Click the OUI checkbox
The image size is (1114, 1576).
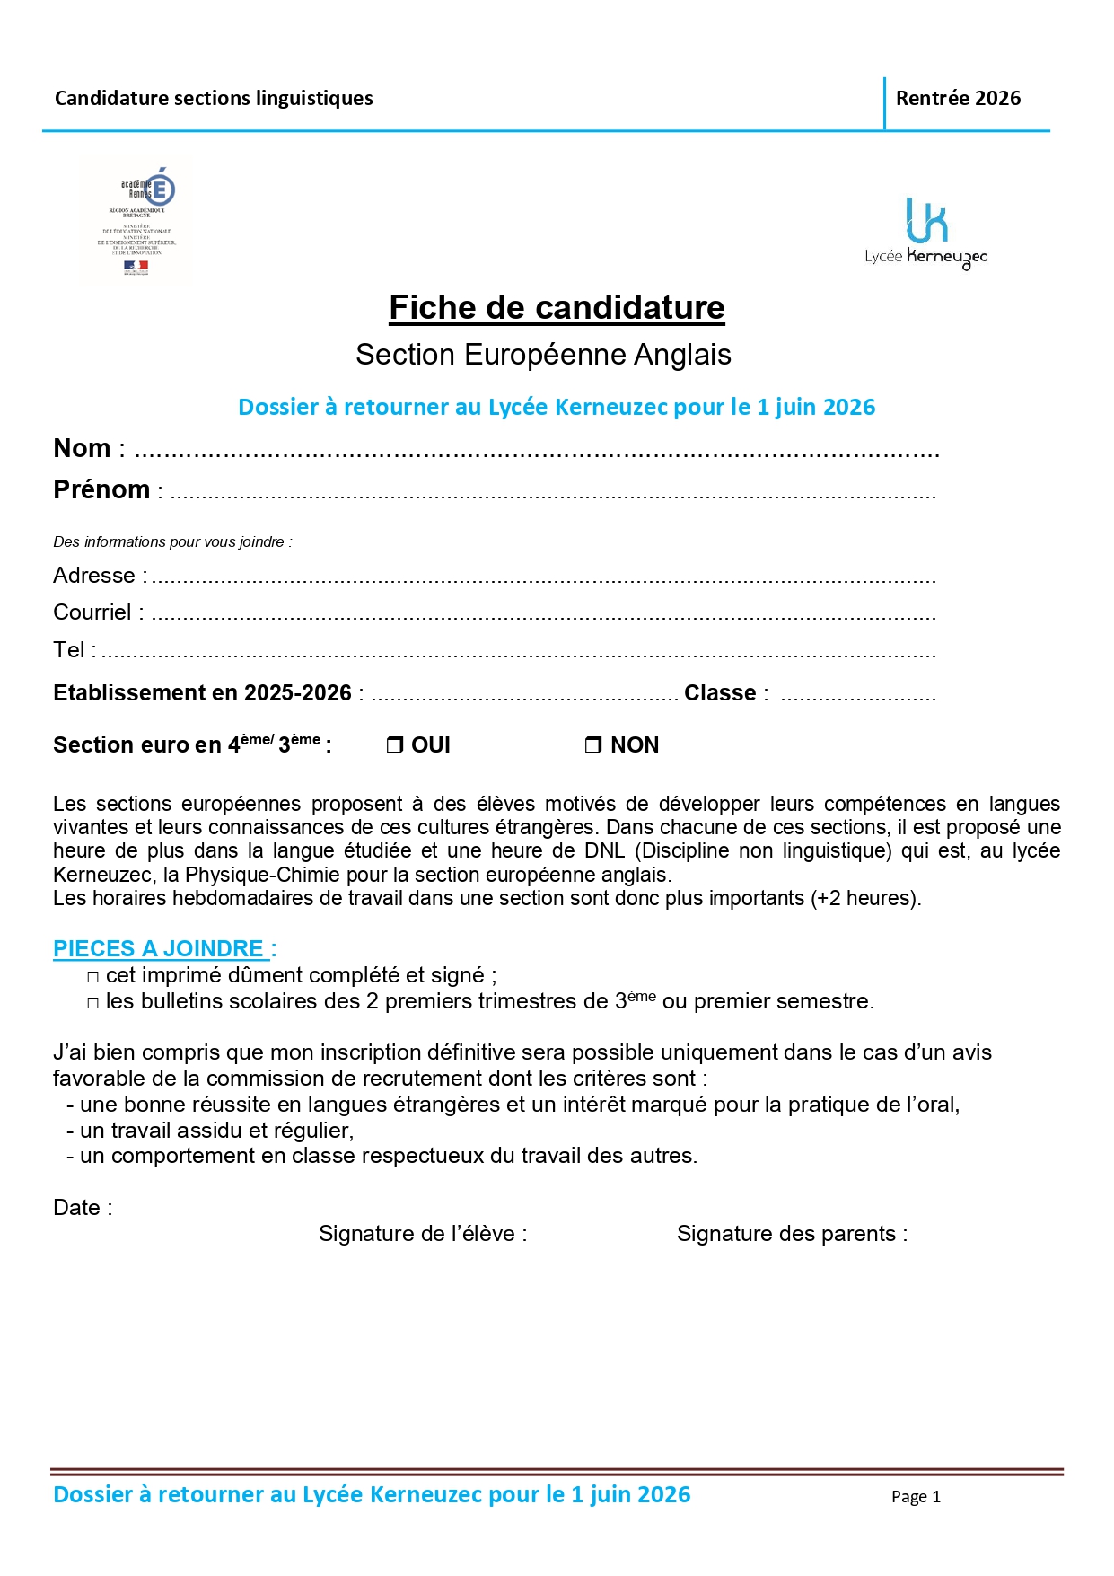coord(395,745)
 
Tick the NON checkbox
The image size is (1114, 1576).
coord(593,745)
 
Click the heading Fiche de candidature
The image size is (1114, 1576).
coord(557,308)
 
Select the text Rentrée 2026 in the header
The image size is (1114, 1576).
coord(958,99)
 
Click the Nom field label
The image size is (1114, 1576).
coord(83,448)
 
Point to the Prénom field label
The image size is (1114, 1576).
coord(101,490)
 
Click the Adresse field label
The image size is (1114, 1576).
coord(94,576)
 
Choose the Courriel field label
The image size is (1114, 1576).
coord(92,612)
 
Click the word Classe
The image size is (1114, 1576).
coord(720,693)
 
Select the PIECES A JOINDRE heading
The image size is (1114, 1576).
coord(164,949)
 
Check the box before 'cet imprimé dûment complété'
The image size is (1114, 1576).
coord(93,977)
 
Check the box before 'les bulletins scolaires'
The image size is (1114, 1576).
coord(93,1003)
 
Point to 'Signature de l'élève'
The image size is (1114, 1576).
coord(423,1234)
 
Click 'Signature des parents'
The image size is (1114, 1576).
coord(792,1234)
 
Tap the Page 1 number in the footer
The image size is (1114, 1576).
coord(916,1496)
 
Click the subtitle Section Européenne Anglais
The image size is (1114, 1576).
coord(543,355)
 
